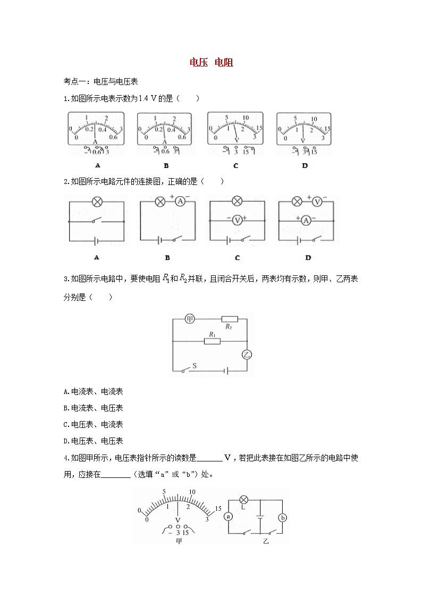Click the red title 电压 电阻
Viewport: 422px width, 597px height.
tap(212, 63)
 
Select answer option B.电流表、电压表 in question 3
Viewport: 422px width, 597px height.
tap(93, 408)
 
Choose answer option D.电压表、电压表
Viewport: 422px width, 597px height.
tap(93, 441)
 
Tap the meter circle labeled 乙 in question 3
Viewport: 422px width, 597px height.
tap(247, 354)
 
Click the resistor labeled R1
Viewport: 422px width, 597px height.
tap(213, 340)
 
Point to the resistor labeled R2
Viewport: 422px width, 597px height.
tap(229, 319)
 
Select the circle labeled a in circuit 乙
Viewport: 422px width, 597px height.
tap(229, 516)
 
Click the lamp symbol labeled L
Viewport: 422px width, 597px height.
tap(243, 500)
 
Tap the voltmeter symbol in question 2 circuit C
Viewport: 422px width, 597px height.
tap(238, 219)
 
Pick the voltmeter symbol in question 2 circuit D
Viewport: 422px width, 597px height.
tap(318, 201)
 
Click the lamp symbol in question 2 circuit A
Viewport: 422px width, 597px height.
tap(97, 201)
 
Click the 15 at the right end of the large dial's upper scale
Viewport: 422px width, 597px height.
tap(217, 509)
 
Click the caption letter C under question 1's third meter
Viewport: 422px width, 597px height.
tap(235, 165)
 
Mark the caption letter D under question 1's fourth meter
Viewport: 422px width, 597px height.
tap(305, 165)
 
